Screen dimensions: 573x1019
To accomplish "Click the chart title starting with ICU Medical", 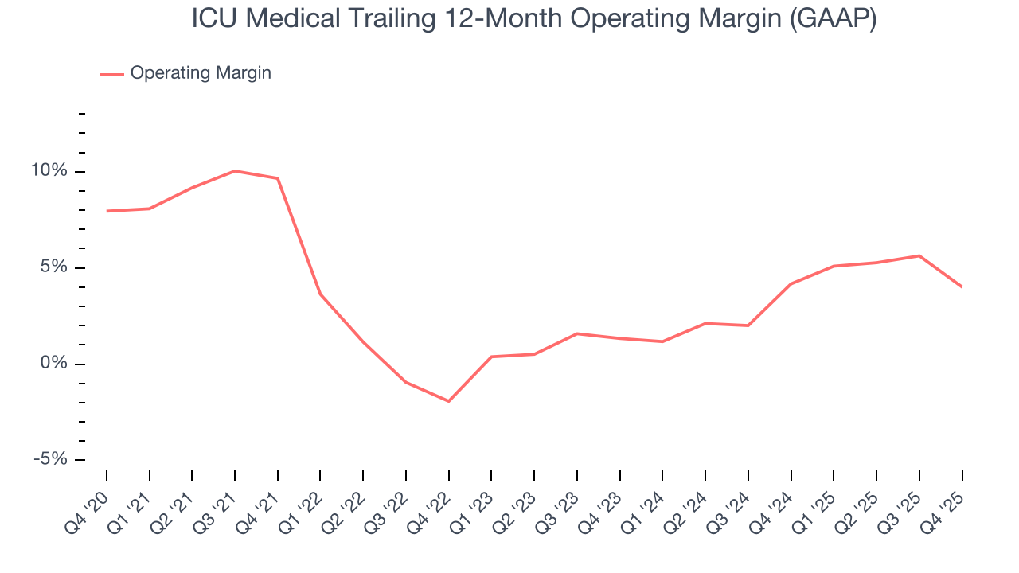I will (534, 19).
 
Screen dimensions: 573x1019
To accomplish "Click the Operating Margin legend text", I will (201, 73).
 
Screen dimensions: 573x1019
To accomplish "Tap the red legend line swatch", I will (112, 74).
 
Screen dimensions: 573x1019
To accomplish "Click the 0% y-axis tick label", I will (56, 364).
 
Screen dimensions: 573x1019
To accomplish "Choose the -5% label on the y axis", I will (51, 460).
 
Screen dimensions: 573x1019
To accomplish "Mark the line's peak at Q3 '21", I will (235, 171).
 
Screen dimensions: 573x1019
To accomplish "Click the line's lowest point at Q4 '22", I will (449, 401).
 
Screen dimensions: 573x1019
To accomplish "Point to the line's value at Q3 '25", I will (919, 255).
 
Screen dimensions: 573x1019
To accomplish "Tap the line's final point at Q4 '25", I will (962, 286).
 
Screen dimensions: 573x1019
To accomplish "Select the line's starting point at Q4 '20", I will (107, 211).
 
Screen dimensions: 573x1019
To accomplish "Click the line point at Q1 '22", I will (320, 294).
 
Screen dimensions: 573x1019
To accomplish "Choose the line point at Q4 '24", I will (791, 283).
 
